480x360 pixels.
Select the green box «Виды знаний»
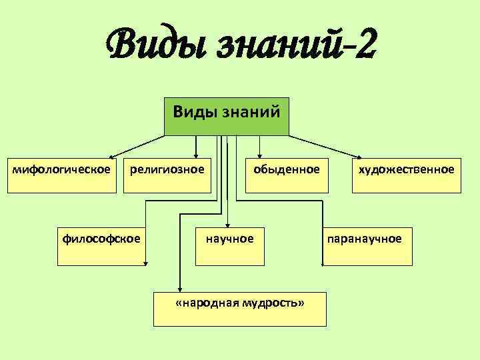pyautogui.click(x=227, y=116)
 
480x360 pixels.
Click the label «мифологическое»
pyautogui.click(x=62, y=169)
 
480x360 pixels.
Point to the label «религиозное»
pyautogui.click(x=167, y=169)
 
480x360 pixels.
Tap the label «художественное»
pyautogui.click(x=406, y=169)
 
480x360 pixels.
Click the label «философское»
pyautogui.click(x=101, y=237)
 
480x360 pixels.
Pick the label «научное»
pyautogui.click(x=229, y=237)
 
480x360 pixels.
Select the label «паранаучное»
pyautogui.click(x=363, y=237)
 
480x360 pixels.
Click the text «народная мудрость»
pyautogui.click(x=239, y=303)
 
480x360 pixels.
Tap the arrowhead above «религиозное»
pyautogui.click(x=196, y=154)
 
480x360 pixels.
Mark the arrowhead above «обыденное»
pyautogui.click(x=259, y=154)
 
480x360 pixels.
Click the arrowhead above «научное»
pyautogui.click(x=227, y=225)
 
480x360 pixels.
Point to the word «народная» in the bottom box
pyautogui.click(x=211, y=303)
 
